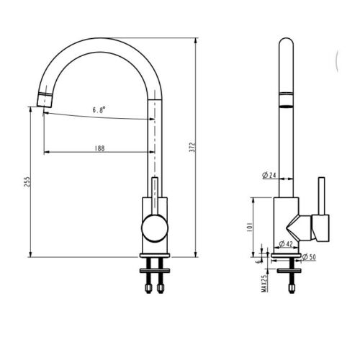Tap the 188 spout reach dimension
pos(99,148)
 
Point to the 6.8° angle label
pos(99,109)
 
